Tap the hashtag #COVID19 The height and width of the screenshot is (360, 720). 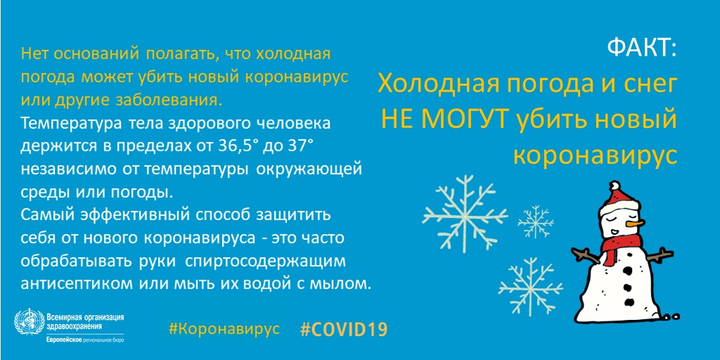tap(344, 330)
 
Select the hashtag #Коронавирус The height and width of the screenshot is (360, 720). tap(224, 329)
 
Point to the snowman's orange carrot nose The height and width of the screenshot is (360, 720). tap(634, 224)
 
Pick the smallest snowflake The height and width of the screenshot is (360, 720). tap(535, 221)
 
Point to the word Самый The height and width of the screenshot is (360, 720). tap(43, 214)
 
